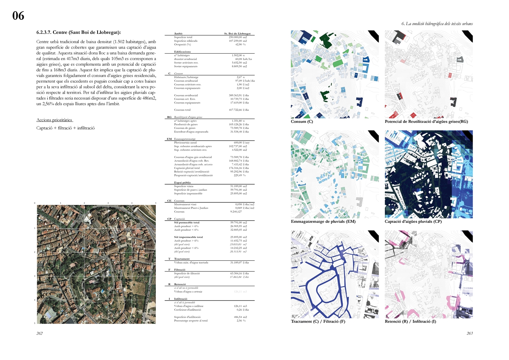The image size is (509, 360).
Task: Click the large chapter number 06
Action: click(x=18, y=16)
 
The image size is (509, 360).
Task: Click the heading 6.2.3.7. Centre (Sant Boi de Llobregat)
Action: click(x=78, y=32)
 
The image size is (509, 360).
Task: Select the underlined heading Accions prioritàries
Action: click(x=54, y=120)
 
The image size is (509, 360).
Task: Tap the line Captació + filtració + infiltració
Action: click(x=66, y=128)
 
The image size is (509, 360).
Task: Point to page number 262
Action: click(x=40, y=333)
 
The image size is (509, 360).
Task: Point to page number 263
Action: click(x=470, y=333)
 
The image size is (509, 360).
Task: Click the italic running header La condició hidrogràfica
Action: click(x=437, y=24)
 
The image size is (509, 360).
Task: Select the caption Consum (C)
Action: click(x=302, y=122)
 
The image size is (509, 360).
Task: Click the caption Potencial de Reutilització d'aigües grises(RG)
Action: click(x=426, y=122)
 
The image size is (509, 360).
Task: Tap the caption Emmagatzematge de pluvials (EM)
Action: click(x=323, y=222)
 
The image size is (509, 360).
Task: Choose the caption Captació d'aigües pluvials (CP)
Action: click(x=413, y=222)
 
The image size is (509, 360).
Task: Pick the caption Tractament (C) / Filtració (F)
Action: click(x=318, y=321)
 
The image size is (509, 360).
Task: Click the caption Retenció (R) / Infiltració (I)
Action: click(x=410, y=321)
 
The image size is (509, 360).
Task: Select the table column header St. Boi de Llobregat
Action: click(x=237, y=33)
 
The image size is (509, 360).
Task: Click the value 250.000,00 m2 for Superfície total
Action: click(x=238, y=37)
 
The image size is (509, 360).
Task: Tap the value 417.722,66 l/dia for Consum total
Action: click(x=239, y=110)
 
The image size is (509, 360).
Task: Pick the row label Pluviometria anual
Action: click(x=185, y=143)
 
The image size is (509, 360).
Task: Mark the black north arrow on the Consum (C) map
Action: click(x=374, y=36)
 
